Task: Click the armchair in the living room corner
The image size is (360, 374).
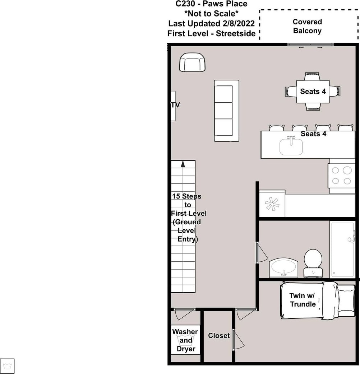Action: [x=192, y=62]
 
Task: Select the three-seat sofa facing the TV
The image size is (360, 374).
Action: [x=227, y=111]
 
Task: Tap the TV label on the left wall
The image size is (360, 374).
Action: [x=175, y=105]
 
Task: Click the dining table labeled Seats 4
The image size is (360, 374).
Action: [x=313, y=92]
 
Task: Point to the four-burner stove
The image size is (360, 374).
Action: [x=341, y=176]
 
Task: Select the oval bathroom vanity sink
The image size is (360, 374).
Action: [x=283, y=268]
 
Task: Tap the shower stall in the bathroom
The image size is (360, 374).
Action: [x=342, y=249]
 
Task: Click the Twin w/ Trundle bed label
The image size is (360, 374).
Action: [x=303, y=300]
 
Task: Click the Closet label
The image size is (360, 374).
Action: [x=219, y=336]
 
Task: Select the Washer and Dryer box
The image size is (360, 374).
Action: [x=185, y=340]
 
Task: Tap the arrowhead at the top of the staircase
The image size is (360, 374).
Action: [x=183, y=164]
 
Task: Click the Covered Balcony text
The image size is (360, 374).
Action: [x=307, y=26]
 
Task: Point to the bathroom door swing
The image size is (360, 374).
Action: [x=262, y=253]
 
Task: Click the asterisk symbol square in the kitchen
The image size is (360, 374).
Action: [x=272, y=204]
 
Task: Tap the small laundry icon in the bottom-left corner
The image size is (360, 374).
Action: [x=7, y=366]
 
